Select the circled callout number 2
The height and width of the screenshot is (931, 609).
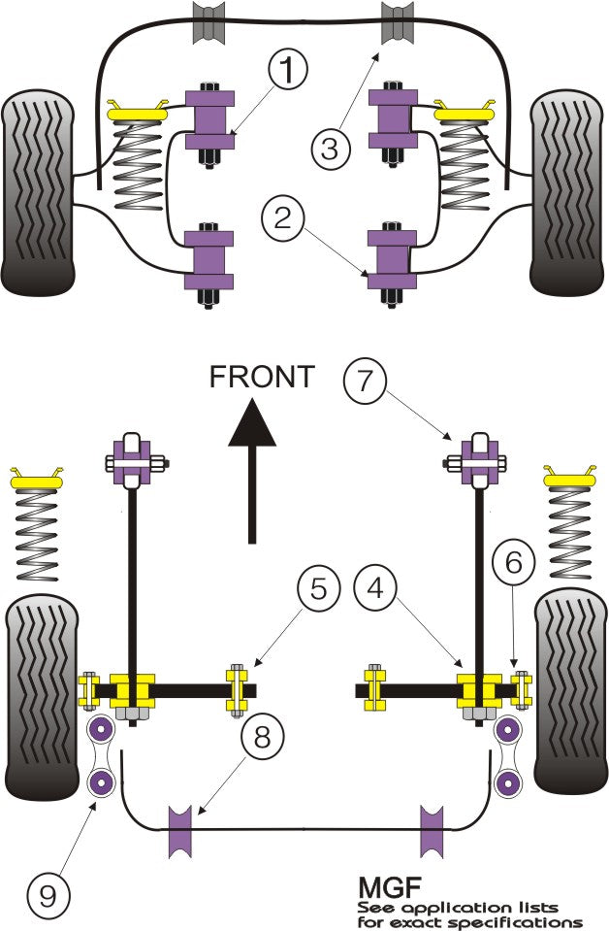[281, 219]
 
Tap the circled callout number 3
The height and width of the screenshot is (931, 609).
[331, 149]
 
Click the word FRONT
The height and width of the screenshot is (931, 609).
[262, 377]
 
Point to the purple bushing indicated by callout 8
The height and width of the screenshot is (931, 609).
[181, 829]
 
